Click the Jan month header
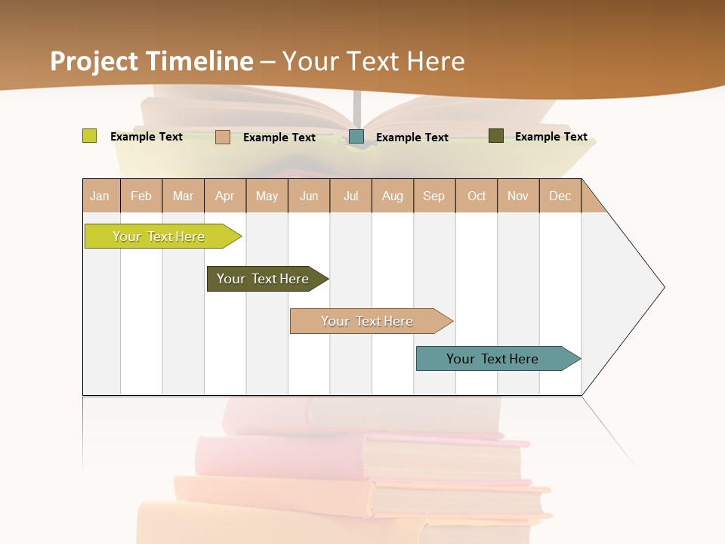click(100, 196)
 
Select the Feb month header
click(141, 196)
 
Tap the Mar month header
click(183, 196)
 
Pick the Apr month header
click(225, 196)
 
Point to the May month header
click(267, 196)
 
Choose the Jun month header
click(309, 196)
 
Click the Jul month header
click(350, 196)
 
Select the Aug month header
click(393, 196)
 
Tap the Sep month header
click(434, 196)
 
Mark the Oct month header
click(477, 196)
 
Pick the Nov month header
click(518, 196)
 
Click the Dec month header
click(560, 196)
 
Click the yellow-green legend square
click(89, 136)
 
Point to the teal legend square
click(356, 136)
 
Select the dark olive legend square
click(496, 136)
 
